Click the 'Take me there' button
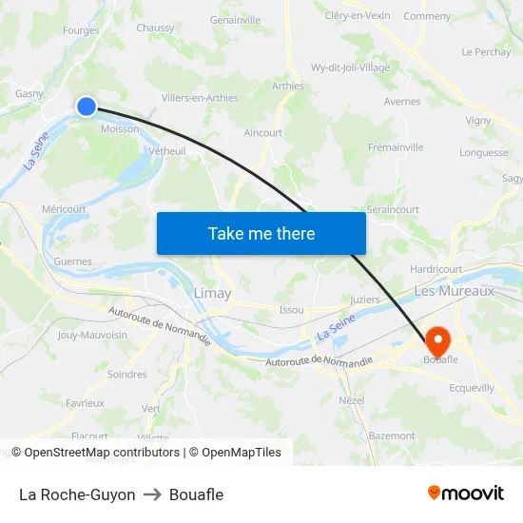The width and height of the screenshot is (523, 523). [261, 233]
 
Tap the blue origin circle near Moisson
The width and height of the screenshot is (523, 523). [87, 107]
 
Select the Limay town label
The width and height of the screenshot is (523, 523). [212, 294]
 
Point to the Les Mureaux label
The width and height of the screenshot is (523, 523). [454, 291]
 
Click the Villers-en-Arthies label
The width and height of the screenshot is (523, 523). [200, 98]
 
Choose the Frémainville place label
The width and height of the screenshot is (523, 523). [396, 147]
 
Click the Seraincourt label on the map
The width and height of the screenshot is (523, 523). [393, 209]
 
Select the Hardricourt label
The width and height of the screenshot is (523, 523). [436, 270]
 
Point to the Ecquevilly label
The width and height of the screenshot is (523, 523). [472, 388]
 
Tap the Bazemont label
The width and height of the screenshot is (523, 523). [392, 436]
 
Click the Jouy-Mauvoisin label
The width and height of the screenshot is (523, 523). [92, 335]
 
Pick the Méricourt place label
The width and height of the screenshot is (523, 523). [64, 209]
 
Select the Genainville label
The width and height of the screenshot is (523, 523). [235, 19]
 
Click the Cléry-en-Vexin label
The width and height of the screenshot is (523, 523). [358, 15]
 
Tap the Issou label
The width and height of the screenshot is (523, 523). [291, 310]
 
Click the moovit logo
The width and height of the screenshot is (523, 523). [465, 494]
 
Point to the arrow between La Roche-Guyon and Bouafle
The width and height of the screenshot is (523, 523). [152, 494]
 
